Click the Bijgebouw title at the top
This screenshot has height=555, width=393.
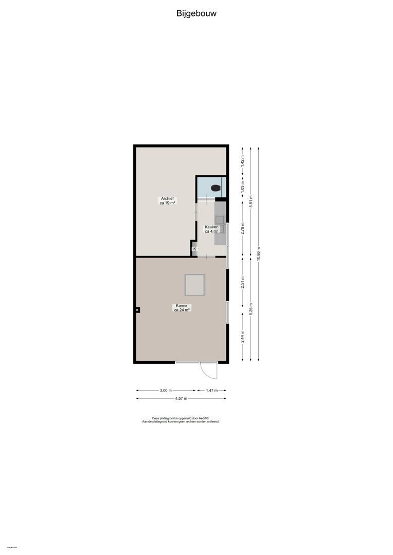(x=196, y=14)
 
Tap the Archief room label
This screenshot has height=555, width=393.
(x=167, y=200)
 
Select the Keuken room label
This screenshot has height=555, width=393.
(x=212, y=229)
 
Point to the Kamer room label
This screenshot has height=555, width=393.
(x=182, y=307)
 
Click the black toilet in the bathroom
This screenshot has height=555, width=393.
(x=216, y=188)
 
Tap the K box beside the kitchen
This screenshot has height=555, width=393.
(x=194, y=249)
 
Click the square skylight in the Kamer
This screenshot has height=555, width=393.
(x=195, y=285)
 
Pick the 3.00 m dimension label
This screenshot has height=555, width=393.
(x=166, y=391)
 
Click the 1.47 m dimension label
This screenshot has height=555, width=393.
(x=211, y=391)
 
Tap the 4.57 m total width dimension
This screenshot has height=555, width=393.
(x=181, y=398)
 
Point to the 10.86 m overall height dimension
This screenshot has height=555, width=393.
(x=258, y=254)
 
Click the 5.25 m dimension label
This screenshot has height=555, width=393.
(x=251, y=308)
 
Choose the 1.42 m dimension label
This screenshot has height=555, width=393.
(x=242, y=161)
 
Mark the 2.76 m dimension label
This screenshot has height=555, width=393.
(x=242, y=227)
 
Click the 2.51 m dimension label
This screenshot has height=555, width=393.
(x=242, y=283)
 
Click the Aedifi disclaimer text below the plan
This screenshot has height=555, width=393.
(x=181, y=420)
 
